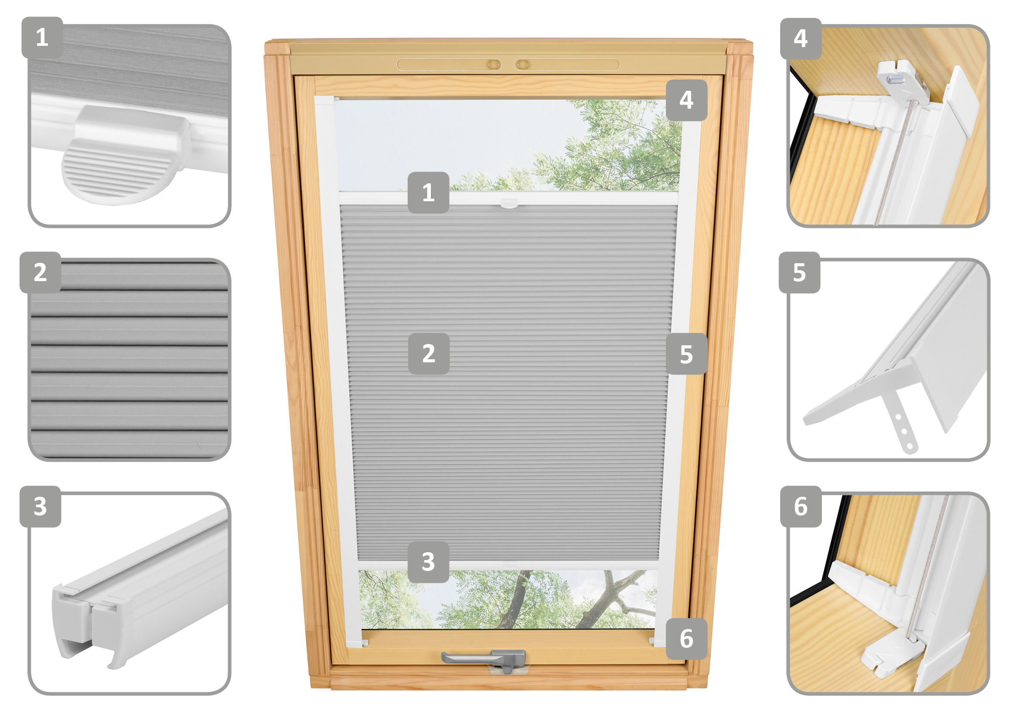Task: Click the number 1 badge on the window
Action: (428, 193)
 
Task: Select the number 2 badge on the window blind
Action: (428, 354)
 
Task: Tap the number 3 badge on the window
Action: (428, 562)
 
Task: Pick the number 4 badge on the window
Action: (686, 100)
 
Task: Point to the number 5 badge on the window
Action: (686, 354)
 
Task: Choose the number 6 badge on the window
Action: (686, 639)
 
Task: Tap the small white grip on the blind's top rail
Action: (509, 203)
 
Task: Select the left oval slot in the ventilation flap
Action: (493, 65)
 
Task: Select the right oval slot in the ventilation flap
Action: (523, 65)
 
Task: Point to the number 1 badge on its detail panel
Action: (42, 38)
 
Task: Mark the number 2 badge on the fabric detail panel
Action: (41, 272)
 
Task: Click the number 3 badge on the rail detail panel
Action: (41, 506)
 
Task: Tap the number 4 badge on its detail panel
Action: (801, 39)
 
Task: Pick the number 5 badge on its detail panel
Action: (799, 272)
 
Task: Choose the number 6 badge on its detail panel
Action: (801, 506)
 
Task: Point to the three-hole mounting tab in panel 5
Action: (900, 422)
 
